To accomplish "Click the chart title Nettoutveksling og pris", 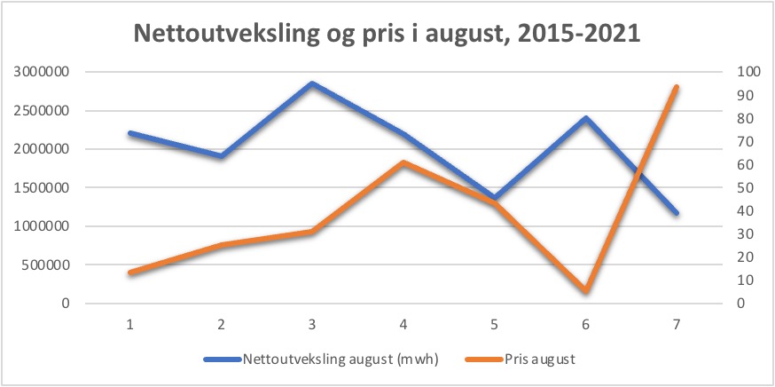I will tap(387, 34).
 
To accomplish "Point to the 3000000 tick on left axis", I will tap(43, 72).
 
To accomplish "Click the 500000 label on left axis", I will tap(46, 265).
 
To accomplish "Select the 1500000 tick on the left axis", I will tap(43, 187).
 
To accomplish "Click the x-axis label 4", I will tap(403, 324).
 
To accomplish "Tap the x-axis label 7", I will tap(676, 324).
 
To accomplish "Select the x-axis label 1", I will tap(130, 324).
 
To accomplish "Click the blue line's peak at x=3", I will tap(312, 84).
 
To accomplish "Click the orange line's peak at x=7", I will tap(676, 87).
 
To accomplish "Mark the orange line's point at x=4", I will tap(403, 162).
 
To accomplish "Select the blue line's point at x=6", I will tap(585, 118).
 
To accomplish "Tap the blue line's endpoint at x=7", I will tap(676, 213).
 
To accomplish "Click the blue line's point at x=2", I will tap(221, 156).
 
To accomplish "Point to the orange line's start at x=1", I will tap(130, 272).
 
